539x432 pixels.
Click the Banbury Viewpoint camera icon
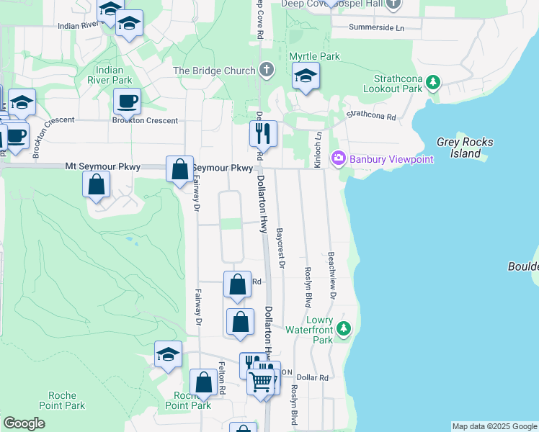click(337, 158)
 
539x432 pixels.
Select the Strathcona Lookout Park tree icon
click(432, 81)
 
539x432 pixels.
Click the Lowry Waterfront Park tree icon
click(344, 329)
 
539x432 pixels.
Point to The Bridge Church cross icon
click(267, 71)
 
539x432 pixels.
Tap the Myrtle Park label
click(314, 56)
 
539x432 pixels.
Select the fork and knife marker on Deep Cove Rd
click(263, 133)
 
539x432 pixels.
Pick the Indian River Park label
click(114, 75)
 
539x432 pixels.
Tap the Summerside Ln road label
click(376, 27)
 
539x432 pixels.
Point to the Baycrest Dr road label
click(280, 249)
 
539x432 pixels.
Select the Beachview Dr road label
click(332, 275)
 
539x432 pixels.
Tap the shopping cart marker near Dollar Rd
click(261, 381)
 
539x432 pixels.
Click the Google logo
click(24, 423)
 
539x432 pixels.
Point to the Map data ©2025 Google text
click(494, 426)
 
